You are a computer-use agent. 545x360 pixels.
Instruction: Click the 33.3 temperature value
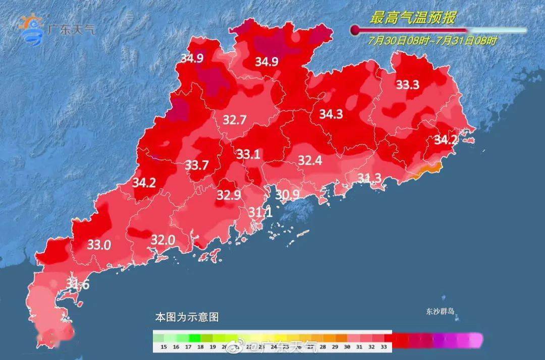pos(407,85)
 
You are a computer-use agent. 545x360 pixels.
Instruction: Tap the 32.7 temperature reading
pos(235,120)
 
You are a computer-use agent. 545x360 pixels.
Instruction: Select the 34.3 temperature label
pos(331,115)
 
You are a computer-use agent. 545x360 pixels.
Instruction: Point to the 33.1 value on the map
pos(248,155)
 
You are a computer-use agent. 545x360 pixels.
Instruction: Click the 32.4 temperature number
pos(310,161)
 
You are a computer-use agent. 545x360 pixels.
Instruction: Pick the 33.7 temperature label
pos(197,165)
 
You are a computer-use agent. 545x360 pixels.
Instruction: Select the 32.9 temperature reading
pos(229,194)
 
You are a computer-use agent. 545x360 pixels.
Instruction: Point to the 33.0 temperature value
pos(99,245)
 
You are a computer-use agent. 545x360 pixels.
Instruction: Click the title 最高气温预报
pos(413,19)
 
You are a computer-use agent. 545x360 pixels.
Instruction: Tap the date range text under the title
pos(432,41)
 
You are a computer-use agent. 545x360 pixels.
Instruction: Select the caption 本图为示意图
pos(187,318)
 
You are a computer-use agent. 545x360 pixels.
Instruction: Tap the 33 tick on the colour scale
pos(385,347)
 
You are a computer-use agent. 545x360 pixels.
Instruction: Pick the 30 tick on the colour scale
pos(347,347)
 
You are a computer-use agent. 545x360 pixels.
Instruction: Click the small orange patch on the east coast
pos(427,172)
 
